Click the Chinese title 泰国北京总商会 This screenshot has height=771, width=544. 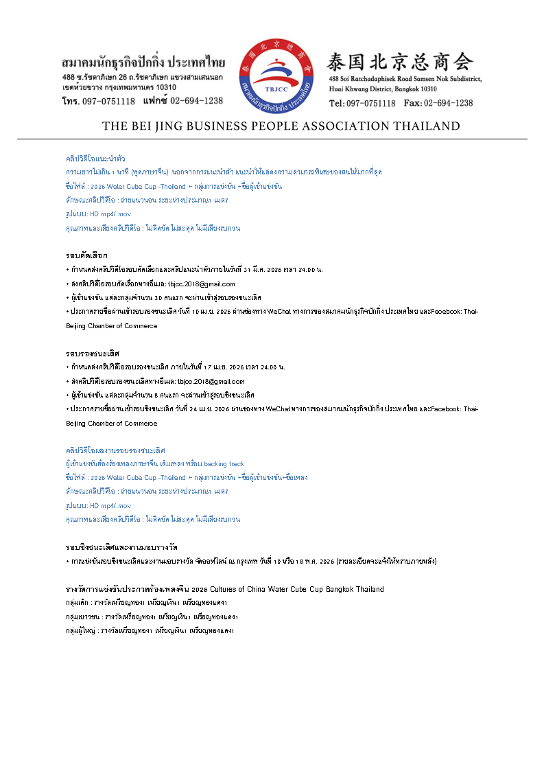[401, 62]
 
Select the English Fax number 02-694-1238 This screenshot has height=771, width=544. [448, 103]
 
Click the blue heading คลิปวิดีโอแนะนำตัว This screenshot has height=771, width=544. [95, 159]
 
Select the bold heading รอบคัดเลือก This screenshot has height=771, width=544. [86, 255]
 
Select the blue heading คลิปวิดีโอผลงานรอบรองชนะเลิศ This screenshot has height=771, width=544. [115, 450]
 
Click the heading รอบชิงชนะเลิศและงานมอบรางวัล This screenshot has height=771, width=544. [121, 547]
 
